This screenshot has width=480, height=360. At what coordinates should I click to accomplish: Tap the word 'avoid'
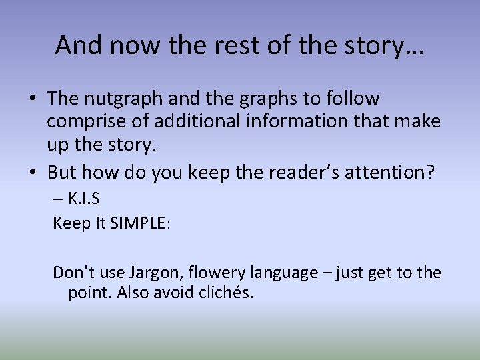173,293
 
